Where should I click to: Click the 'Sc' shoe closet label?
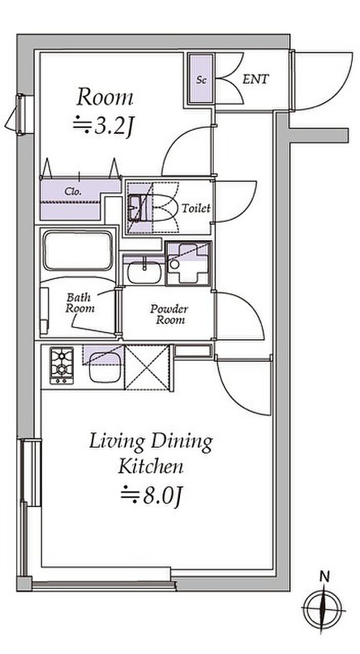[201, 79]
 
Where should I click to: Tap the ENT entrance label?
[255, 79]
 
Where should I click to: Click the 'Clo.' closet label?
[73, 192]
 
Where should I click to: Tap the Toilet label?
[196, 208]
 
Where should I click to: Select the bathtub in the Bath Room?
[78, 251]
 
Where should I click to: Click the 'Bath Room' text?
[80, 303]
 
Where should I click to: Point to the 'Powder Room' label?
[169, 315]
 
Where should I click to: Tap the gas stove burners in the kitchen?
[62, 365]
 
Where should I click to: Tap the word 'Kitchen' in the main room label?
[151, 466]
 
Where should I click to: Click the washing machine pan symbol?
[188, 263]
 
